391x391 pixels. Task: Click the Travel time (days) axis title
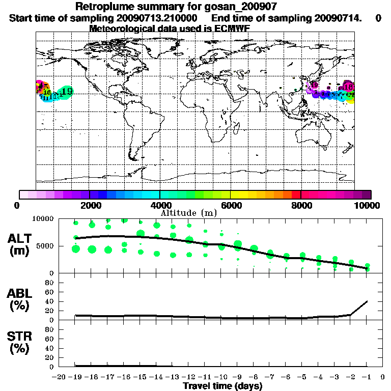tap(222, 386)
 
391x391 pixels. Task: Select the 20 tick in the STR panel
tap(50, 357)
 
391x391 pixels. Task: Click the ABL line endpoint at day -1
tap(368, 301)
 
